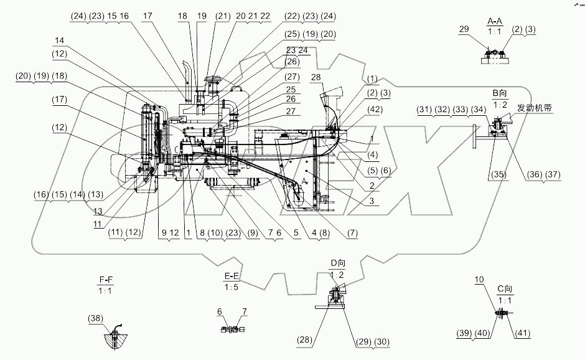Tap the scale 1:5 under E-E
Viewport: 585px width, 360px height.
232,288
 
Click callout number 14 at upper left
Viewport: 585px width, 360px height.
58,40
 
